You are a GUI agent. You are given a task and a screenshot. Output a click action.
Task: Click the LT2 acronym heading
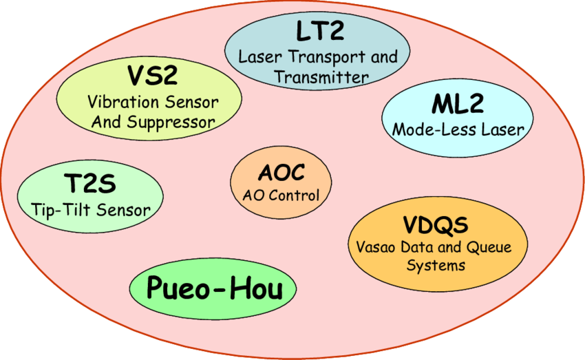coord(318,32)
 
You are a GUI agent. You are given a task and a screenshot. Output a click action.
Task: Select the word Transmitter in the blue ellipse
coord(321,76)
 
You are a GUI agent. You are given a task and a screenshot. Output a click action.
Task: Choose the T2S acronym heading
coord(89,184)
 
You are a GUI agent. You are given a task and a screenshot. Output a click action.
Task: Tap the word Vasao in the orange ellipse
coord(378,247)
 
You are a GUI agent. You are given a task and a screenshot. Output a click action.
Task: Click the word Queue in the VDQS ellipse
coord(489,247)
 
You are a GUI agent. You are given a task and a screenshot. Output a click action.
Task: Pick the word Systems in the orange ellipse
coord(436,265)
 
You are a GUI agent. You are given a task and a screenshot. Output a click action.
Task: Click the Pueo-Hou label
coord(214,287)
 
